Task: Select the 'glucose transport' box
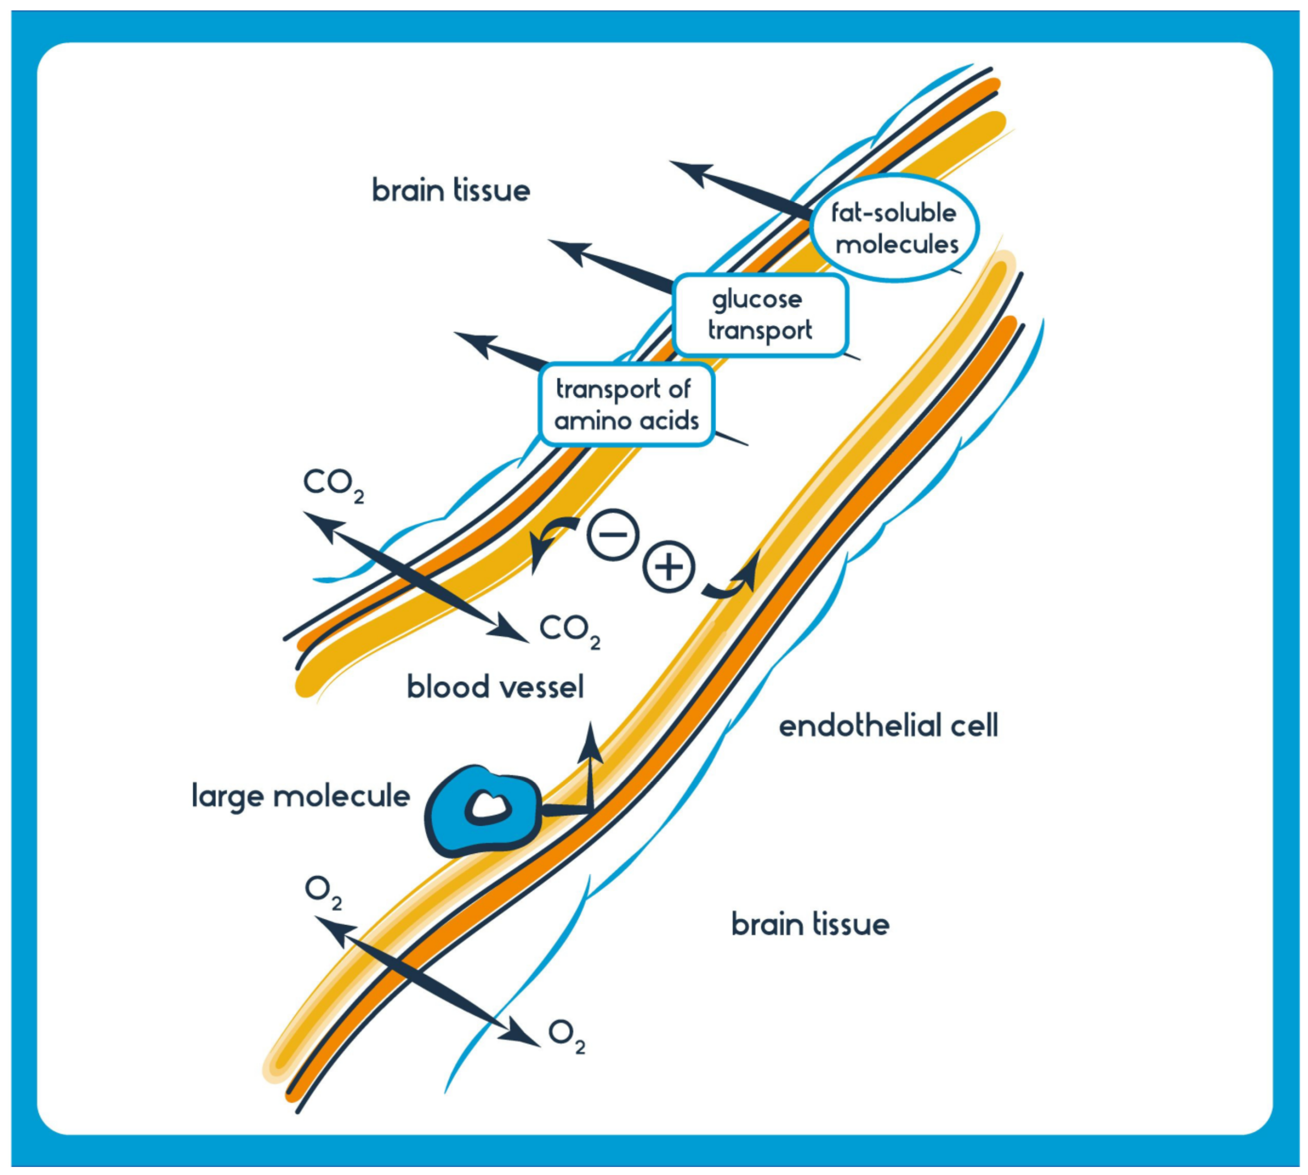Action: pos(760,315)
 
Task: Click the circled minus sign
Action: pos(613,534)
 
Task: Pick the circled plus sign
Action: pos(669,566)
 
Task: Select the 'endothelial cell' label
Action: pos(888,726)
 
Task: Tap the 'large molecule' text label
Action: pos(301,796)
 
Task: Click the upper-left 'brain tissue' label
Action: pos(451,190)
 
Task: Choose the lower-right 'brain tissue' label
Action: pos(810,925)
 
